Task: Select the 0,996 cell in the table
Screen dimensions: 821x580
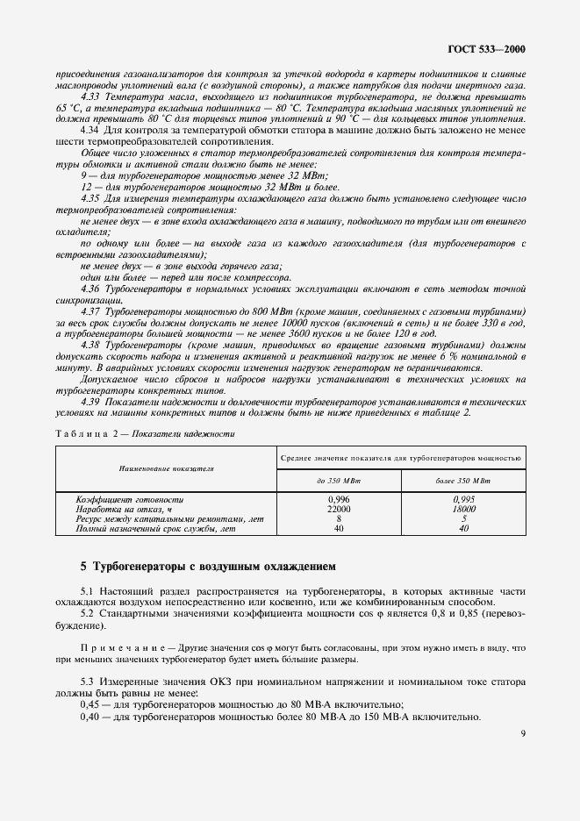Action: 339,498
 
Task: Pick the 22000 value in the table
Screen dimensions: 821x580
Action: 339,509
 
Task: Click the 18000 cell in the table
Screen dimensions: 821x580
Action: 463,509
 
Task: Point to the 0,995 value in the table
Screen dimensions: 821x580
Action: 463,498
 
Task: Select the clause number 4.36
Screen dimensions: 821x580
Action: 90,289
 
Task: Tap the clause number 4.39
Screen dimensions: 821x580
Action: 90,402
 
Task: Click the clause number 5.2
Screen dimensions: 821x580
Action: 86,612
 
